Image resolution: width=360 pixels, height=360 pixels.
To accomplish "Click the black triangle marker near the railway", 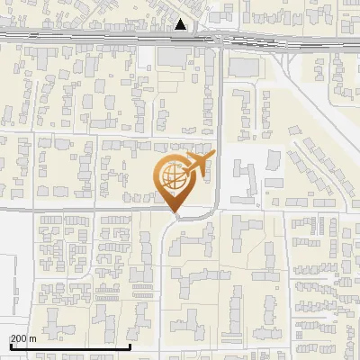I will (182, 24).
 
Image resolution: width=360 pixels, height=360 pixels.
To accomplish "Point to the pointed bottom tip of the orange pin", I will (175, 214).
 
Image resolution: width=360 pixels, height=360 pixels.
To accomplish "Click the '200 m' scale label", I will (23, 338).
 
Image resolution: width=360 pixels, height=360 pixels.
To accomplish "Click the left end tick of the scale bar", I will (10, 345).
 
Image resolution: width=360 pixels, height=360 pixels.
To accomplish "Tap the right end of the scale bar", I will (130, 345).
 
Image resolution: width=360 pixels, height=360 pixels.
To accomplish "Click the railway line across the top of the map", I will (90, 38).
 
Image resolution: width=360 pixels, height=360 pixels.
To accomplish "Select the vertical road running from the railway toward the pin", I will (220, 108).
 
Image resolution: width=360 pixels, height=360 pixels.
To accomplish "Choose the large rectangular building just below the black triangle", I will (179, 57).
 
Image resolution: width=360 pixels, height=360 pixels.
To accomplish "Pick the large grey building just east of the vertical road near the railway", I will (242, 67).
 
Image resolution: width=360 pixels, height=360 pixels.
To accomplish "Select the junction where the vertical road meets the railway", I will (220, 39).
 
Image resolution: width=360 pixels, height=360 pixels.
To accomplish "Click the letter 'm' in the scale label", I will (32, 338).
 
